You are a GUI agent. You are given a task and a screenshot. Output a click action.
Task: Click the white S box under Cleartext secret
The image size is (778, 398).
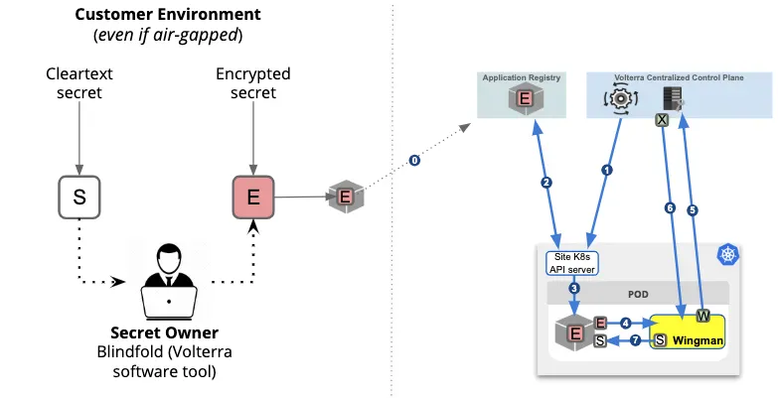(80, 198)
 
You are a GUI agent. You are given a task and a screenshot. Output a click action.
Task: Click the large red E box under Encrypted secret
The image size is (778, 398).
(252, 197)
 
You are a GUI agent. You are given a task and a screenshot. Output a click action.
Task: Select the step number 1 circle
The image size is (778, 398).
(607, 169)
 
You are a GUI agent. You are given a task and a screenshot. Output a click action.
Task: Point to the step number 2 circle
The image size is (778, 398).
(546, 183)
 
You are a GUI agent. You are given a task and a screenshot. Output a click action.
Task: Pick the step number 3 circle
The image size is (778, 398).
(574, 289)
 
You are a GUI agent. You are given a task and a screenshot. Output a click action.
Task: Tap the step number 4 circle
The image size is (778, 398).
(625, 323)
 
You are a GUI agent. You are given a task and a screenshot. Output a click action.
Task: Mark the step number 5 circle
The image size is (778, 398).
(693, 209)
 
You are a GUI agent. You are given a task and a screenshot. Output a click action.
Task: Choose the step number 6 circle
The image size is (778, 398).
(670, 208)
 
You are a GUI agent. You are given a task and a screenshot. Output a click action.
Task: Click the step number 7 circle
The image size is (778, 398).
(635, 340)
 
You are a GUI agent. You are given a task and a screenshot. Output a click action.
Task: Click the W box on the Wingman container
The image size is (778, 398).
(702, 317)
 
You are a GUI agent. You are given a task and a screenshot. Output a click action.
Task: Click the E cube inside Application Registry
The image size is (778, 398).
(522, 98)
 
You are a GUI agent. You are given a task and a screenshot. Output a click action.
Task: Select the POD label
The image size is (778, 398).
(638, 295)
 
